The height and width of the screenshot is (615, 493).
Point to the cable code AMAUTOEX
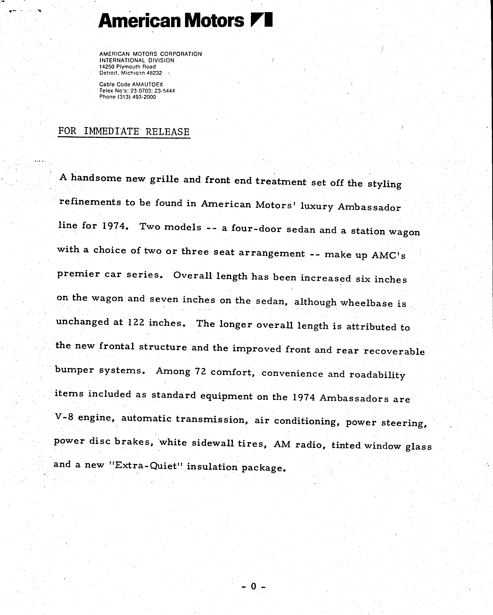tap(147, 84)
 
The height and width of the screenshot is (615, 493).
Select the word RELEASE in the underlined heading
tap(167, 132)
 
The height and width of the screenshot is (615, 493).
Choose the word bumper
tap(74, 370)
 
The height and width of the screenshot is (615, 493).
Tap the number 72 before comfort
tap(200, 371)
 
